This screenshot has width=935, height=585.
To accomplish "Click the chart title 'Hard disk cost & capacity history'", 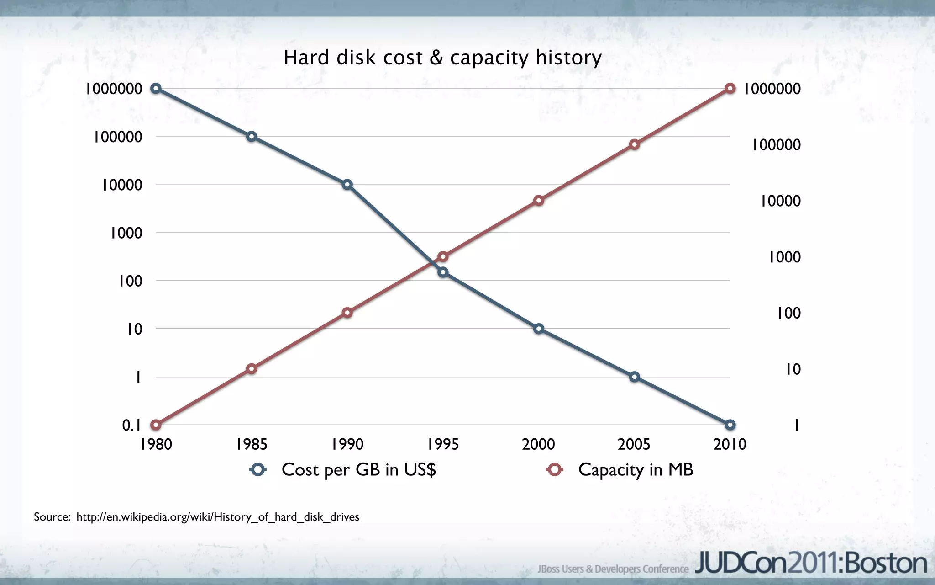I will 442,58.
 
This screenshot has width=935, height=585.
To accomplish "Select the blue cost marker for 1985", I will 252,136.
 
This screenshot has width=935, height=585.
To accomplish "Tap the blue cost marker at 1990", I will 347,185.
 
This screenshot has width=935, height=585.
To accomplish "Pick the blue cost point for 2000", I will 539,329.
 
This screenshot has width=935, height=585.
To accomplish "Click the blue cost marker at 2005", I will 634,377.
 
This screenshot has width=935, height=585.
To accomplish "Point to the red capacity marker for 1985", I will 252,369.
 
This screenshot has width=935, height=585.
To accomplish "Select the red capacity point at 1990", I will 347,313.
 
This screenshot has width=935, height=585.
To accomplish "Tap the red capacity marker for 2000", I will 539,201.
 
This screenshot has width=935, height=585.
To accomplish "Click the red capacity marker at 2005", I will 634,144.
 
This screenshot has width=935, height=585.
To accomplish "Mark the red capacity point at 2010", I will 730,88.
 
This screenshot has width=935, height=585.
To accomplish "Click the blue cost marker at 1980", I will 156,88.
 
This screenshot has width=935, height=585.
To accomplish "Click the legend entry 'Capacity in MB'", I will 621,470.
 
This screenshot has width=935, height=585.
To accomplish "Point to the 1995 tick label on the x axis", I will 443,444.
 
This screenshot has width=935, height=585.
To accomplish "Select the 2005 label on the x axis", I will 634,444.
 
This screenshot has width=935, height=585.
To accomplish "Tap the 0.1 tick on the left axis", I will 131,425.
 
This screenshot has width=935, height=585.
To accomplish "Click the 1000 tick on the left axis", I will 126,233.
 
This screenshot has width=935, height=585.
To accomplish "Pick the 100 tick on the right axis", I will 788,313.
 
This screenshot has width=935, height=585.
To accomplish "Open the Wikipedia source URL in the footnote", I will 218,517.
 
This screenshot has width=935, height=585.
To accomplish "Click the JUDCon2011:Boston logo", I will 811,563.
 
